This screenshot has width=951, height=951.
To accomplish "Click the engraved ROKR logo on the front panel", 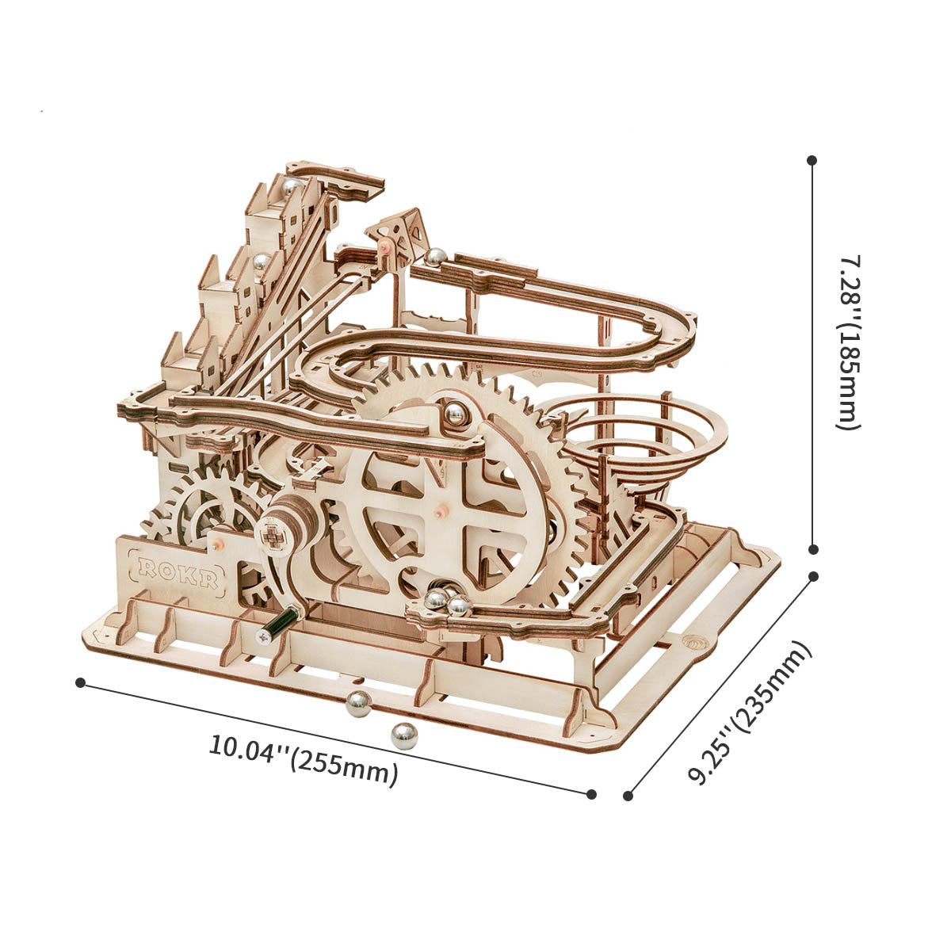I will (178, 570).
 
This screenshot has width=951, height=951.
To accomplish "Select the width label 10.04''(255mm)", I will (304, 759).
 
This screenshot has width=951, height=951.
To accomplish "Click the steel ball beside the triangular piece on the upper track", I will (435, 256).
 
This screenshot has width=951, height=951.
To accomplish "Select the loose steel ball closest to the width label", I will (403, 735).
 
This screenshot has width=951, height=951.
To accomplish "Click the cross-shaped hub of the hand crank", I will (273, 532).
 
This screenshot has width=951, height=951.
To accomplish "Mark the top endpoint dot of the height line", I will (812, 160).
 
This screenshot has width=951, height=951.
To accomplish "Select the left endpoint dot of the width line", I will (80, 682).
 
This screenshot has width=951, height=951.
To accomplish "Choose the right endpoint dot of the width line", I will (591, 793).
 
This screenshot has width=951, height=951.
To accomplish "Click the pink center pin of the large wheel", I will (438, 510).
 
